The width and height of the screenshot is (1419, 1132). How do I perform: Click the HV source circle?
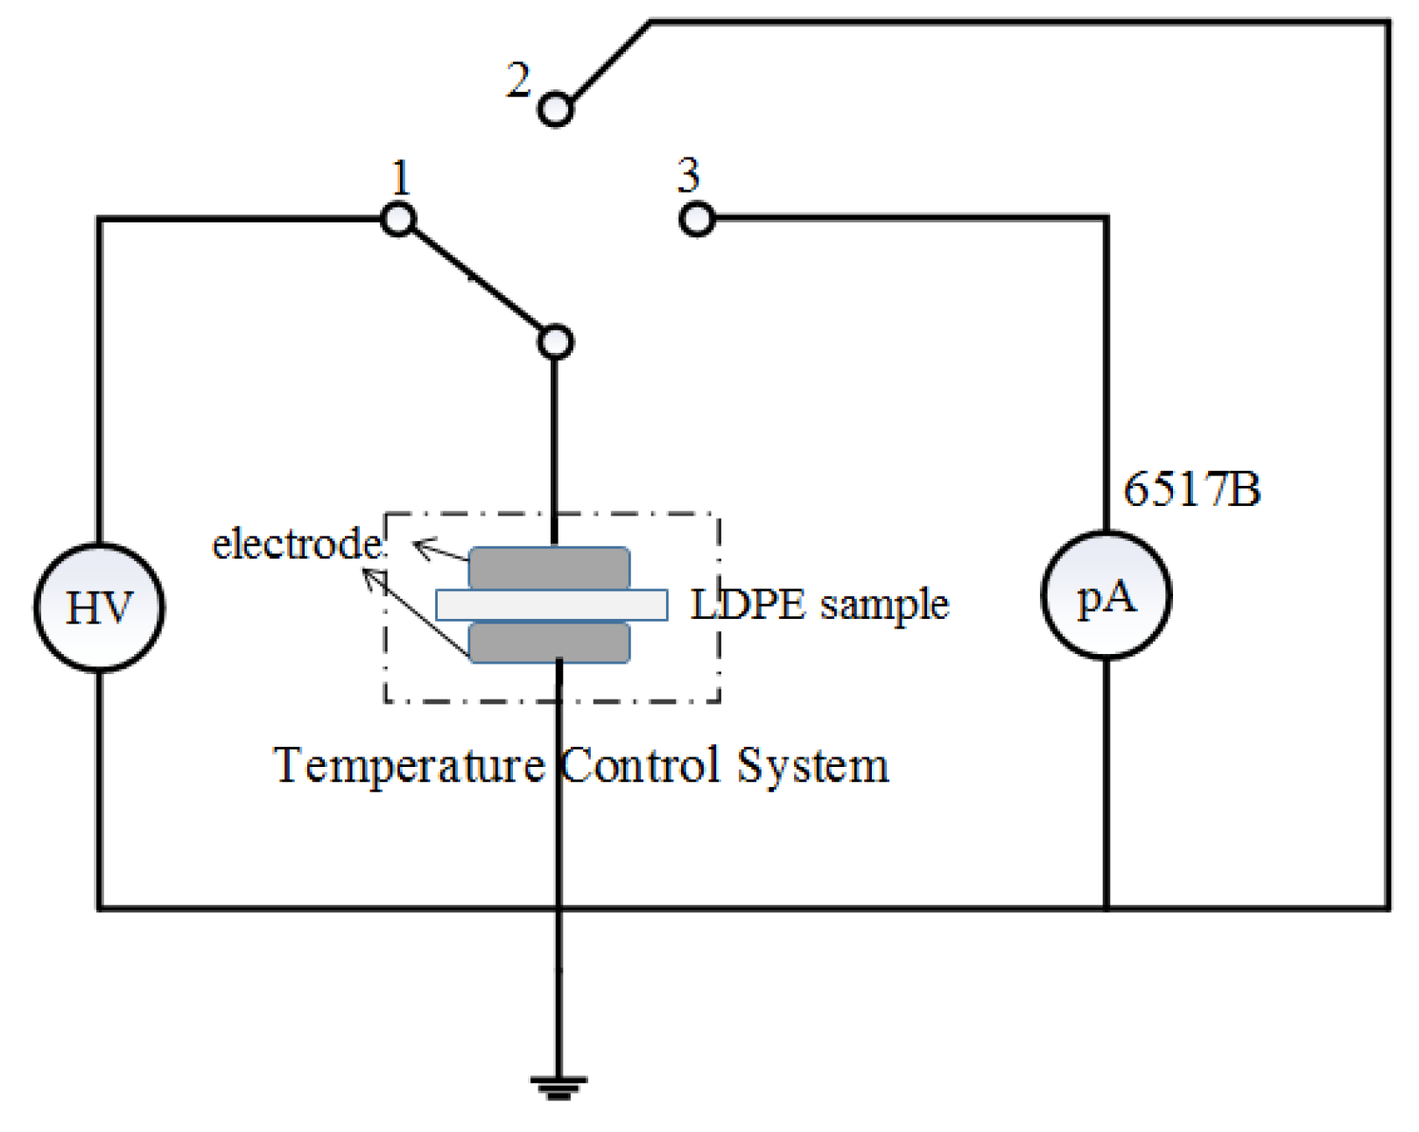pyautogui.click(x=99, y=608)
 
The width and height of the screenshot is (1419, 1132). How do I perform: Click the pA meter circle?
pyautogui.click(x=1106, y=595)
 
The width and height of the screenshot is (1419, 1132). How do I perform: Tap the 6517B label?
pyautogui.click(x=1191, y=489)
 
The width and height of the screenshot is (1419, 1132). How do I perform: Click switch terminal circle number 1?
pyautogui.click(x=398, y=219)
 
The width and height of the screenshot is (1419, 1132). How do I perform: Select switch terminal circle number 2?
pyautogui.click(x=555, y=110)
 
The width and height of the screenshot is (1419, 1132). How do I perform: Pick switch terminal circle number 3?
pyautogui.click(x=697, y=219)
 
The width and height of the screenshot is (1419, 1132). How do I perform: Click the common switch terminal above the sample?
pyautogui.click(x=555, y=341)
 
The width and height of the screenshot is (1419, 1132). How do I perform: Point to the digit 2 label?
pyautogui.click(x=518, y=81)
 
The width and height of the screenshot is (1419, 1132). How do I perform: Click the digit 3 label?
pyautogui.click(x=688, y=175)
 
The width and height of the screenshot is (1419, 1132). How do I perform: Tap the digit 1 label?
pyautogui.click(x=401, y=178)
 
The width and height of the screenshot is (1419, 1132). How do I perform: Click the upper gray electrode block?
pyautogui.click(x=549, y=567)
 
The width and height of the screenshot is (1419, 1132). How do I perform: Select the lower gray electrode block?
pyautogui.click(x=549, y=642)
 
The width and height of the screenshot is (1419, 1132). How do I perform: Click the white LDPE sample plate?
pyautogui.click(x=551, y=605)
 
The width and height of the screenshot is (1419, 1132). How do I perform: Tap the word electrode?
pyautogui.click(x=297, y=545)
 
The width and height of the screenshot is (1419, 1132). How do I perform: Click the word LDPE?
pyautogui.click(x=748, y=604)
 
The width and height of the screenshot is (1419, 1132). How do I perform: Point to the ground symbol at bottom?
pyautogui.click(x=558, y=1087)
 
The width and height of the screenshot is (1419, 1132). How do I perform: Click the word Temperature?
pyautogui.click(x=409, y=765)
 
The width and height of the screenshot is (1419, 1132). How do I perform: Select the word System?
pyautogui.click(x=812, y=766)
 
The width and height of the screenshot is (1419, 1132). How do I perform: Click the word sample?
pyautogui.click(x=884, y=605)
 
